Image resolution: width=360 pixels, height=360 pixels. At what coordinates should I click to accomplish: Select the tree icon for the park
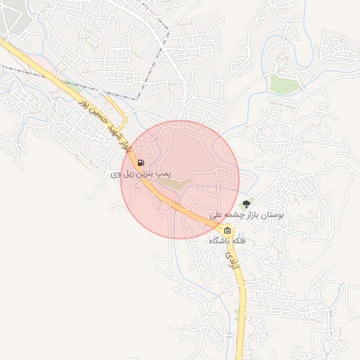point(245,204)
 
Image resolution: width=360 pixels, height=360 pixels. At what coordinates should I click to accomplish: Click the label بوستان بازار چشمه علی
point(246,214)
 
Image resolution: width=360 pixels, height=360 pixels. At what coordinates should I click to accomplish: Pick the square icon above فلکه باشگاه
point(227,231)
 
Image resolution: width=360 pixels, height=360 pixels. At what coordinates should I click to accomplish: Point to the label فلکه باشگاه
point(227,240)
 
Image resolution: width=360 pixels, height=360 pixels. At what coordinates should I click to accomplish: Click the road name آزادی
point(231,261)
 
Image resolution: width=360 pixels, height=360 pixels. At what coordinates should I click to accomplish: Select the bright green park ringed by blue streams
point(285,84)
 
